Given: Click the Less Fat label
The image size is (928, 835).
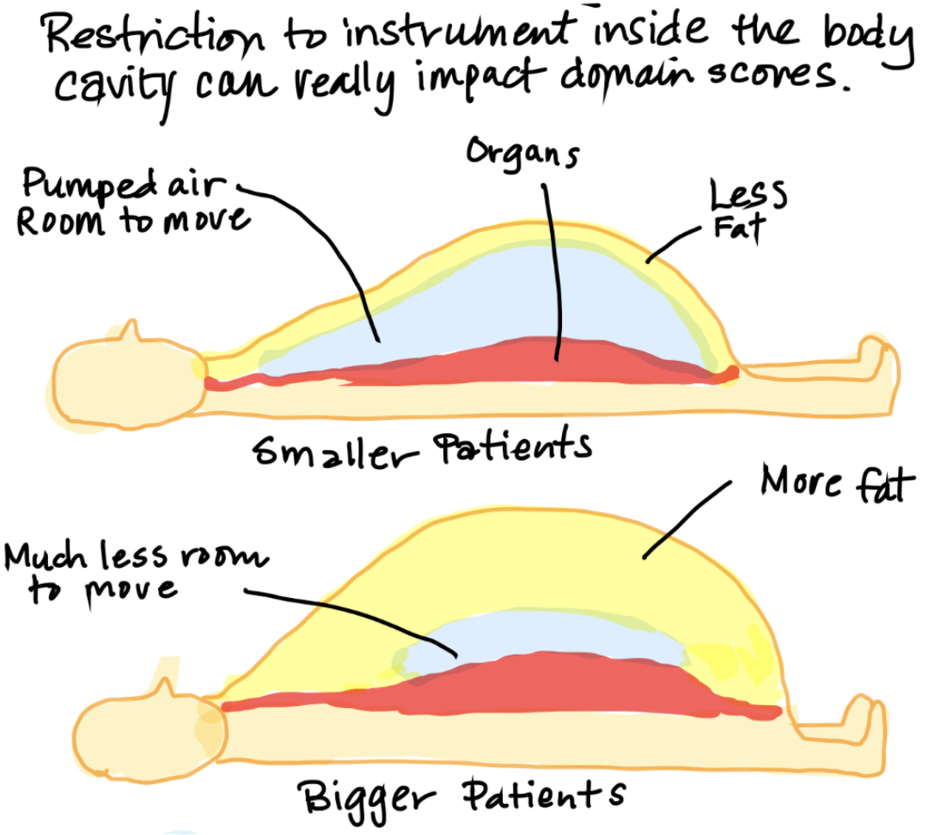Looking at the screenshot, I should pyautogui.click(x=744, y=210).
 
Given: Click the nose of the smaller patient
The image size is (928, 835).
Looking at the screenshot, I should pyautogui.click(x=131, y=330).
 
